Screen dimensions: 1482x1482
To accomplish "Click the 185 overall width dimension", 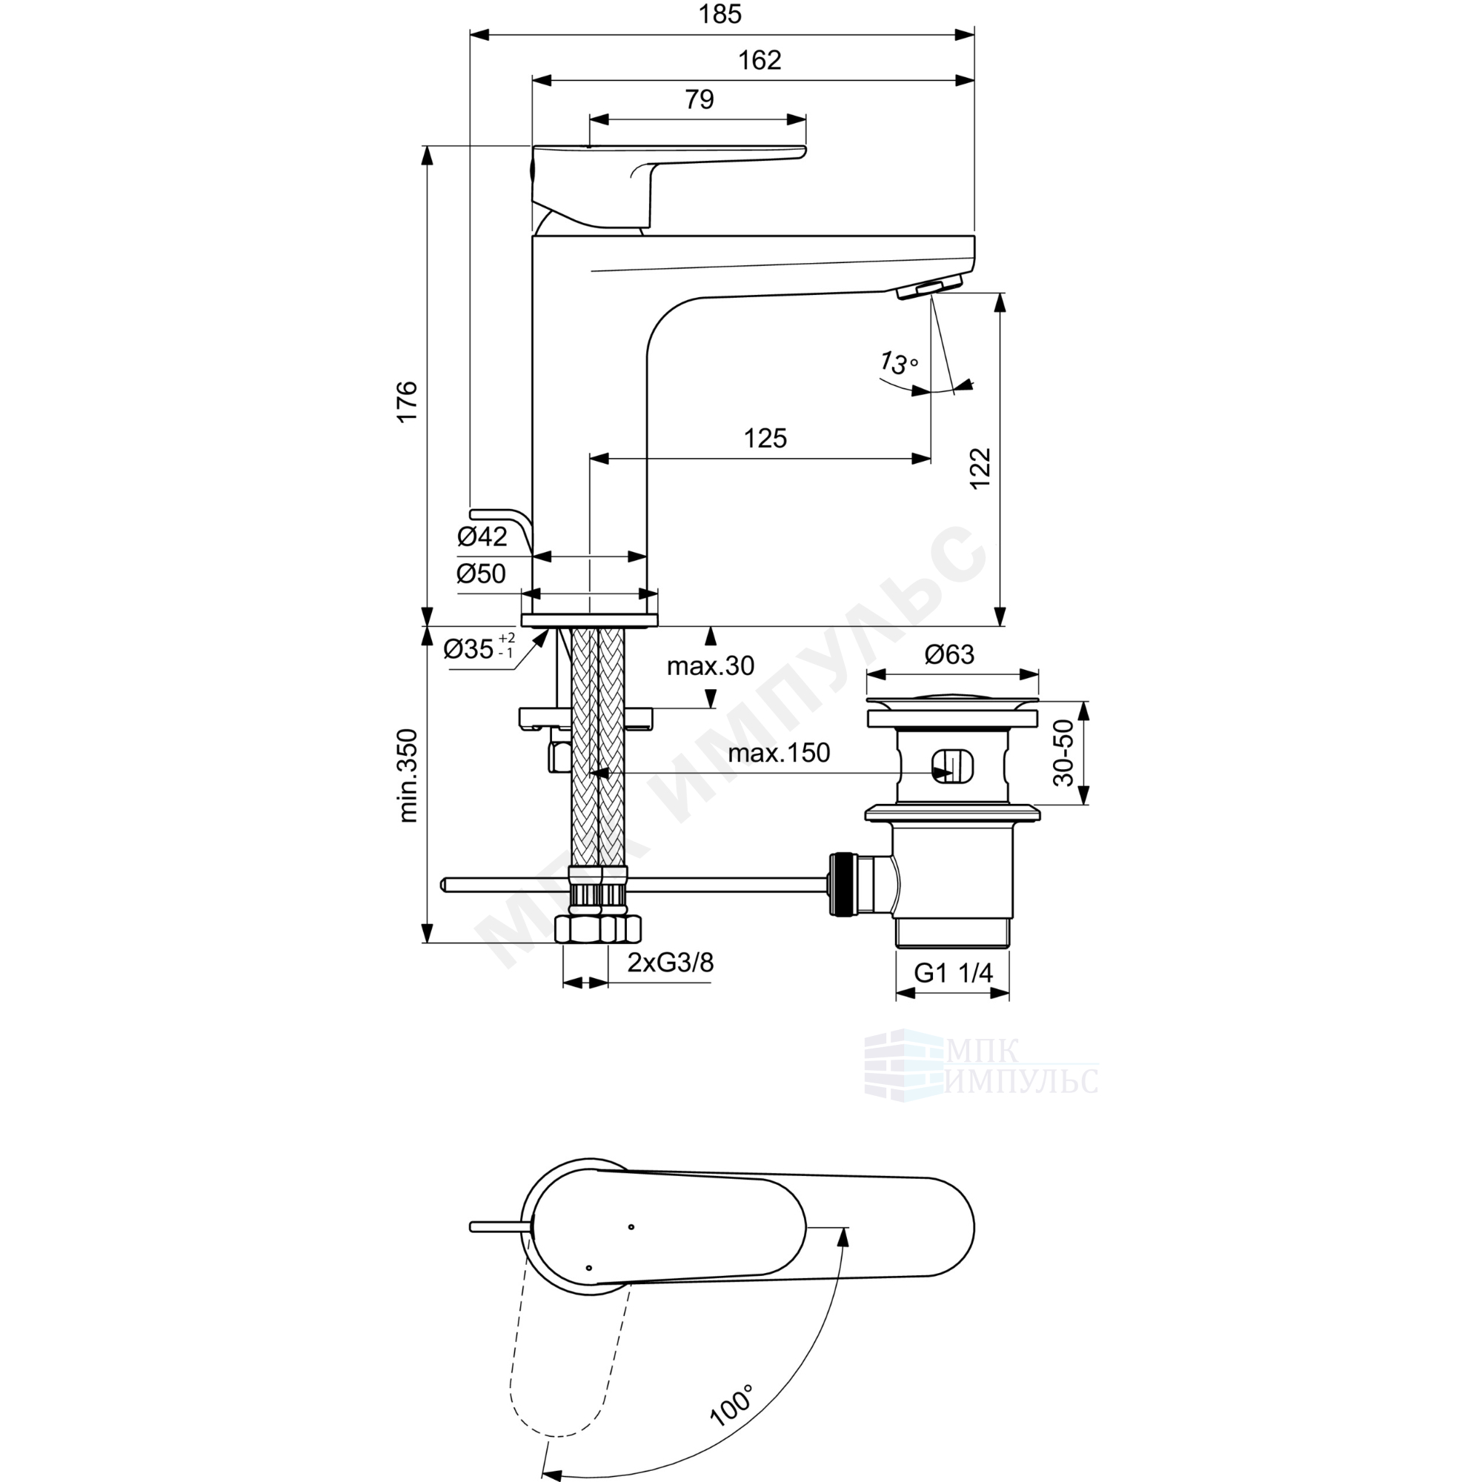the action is (x=720, y=14).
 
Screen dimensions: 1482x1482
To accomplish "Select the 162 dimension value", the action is (x=760, y=60).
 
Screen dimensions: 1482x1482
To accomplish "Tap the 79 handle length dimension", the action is (x=699, y=100).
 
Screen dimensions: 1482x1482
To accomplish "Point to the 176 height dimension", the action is (x=407, y=400).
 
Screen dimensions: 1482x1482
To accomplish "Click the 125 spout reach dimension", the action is (x=765, y=438).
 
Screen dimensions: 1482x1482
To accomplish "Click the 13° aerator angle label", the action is (x=898, y=362).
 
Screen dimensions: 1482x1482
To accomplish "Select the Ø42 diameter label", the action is (x=482, y=537).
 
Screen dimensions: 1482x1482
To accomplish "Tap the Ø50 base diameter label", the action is (x=481, y=573).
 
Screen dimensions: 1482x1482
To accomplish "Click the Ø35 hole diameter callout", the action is (x=479, y=648).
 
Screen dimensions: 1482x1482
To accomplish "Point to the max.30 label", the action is (x=711, y=666).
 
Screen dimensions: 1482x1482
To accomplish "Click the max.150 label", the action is (x=779, y=753).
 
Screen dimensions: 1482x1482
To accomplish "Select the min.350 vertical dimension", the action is (x=408, y=776).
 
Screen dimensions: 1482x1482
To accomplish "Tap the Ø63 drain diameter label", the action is (x=950, y=654).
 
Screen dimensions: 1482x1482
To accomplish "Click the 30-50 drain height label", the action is (x=1063, y=753).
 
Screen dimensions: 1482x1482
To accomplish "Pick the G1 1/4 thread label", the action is (x=953, y=973).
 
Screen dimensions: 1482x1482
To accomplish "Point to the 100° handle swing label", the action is (x=731, y=1426).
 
